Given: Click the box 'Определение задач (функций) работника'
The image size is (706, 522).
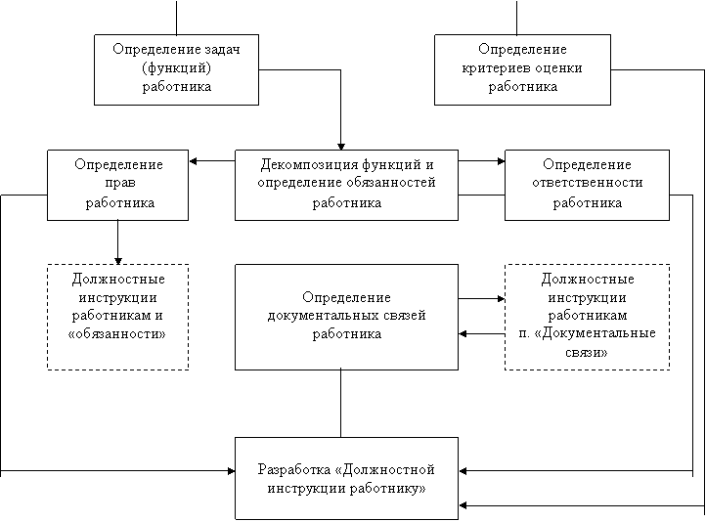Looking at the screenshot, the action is pyautogui.click(x=176, y=69).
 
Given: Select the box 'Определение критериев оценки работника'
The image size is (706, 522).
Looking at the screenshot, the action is pyautogui.click(x=522, y=69).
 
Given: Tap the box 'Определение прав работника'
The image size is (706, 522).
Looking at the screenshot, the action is pyautogui.click(x=118, y=185).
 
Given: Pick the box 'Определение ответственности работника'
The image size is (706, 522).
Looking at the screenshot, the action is pyautogui.click(x=587, y=185).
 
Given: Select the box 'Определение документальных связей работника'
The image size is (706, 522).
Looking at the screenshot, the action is pyautogui.click(x=347, y=318).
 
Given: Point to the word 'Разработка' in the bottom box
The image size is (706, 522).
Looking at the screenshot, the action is pyautogui.click(x=294, y=470).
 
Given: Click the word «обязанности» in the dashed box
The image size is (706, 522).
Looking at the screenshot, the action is pyautogui.click(x=117, y=334).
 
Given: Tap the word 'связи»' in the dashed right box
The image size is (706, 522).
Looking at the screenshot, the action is pyautogui.click(x=587, y=352).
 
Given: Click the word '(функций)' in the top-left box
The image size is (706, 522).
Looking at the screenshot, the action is pyautogui.click(x=176, y=68).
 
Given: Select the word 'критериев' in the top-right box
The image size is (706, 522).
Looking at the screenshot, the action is pyautogui.click(x=496, y=68).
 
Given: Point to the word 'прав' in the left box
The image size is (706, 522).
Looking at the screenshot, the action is pyautogui.click(x=120, y=183).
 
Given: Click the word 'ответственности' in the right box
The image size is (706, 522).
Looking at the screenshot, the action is pyautogui.click(x=587, y=183).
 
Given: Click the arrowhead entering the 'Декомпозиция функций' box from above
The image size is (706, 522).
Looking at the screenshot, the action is pyautogui.click(x=341, y=147).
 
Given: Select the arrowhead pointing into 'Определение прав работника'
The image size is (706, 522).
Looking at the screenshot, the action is pyautogui.click(x=193, y=161).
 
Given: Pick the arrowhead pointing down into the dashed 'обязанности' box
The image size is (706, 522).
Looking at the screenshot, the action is pyautogui.click(x=118, y=261).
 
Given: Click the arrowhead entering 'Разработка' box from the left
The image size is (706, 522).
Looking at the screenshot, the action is pyautogui.click(x=231, y=471).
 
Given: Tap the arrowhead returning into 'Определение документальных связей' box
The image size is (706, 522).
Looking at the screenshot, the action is pyautogui.click(x=463, y=334).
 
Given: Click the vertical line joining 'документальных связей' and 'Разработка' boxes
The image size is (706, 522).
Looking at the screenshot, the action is pyautogui.click(x=341, y=404).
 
